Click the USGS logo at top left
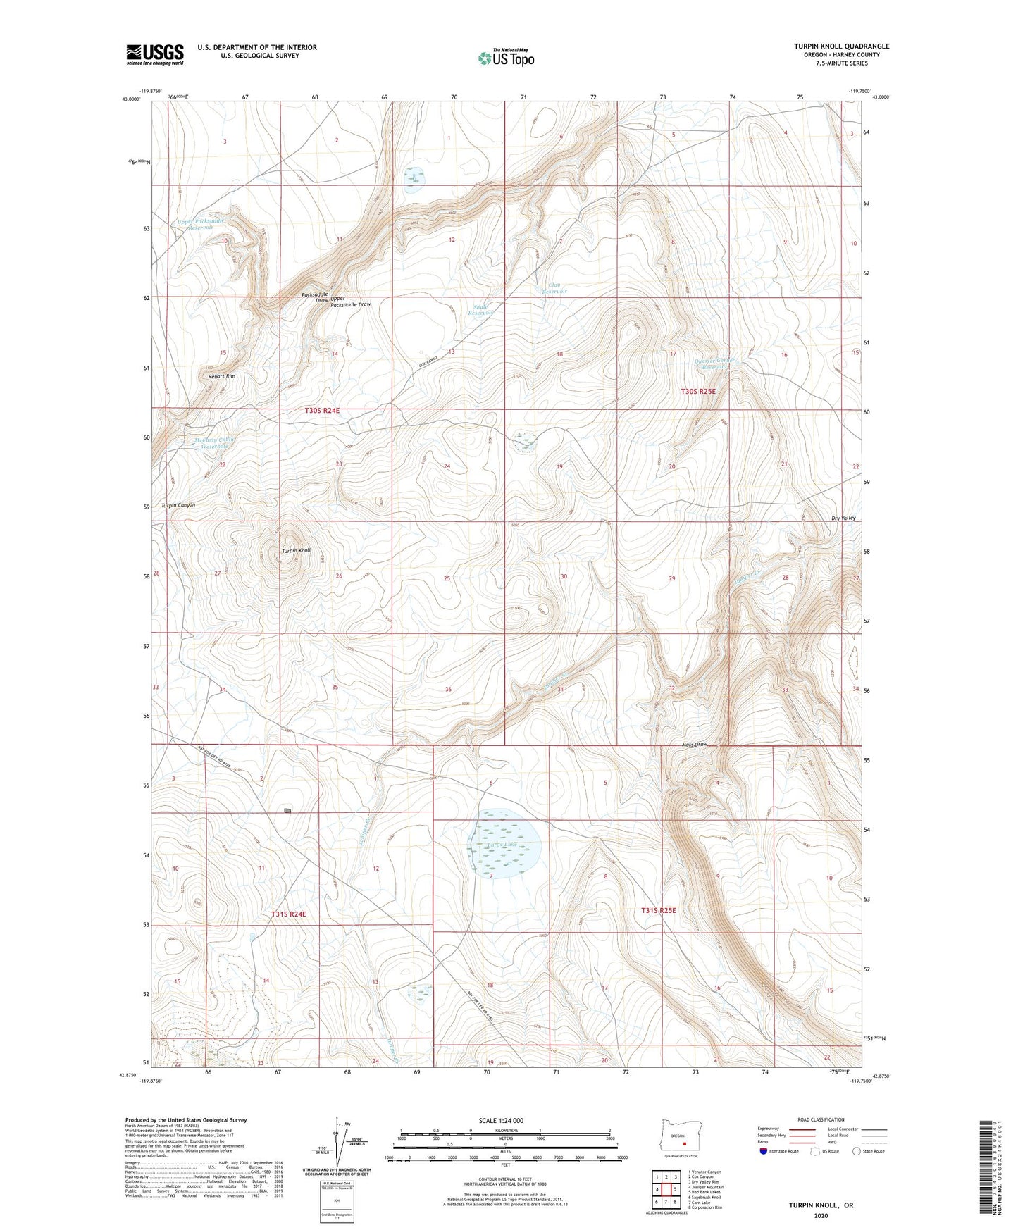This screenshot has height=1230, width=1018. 155,54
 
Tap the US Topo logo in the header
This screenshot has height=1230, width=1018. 505,58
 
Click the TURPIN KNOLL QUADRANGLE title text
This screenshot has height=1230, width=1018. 841,46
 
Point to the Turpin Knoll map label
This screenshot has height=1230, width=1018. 296,551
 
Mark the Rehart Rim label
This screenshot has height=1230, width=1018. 221,377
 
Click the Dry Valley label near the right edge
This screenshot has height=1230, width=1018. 843,518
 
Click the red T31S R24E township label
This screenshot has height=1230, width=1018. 289,914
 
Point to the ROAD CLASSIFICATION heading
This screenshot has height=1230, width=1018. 821,1119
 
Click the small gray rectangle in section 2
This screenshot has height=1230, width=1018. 287,811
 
